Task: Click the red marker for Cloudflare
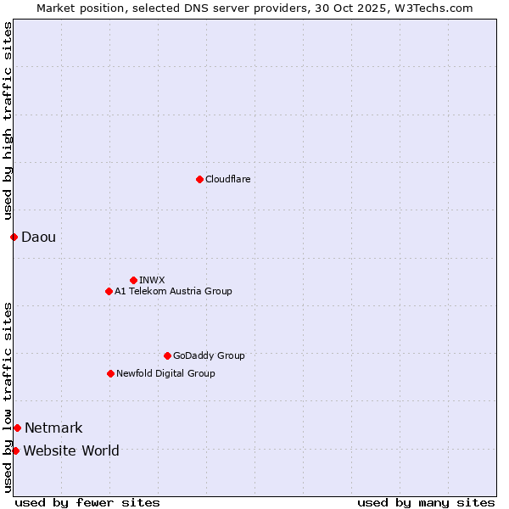pyautogui.click(x=199, y=179)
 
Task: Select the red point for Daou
pyautogui.click(x=14, y=237)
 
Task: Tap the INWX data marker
pyautogui.click(x=133, y=280)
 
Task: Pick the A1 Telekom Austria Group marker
pyautogui.click(x=109, y=291)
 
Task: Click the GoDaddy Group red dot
pyautogui.click(x=167, y=355)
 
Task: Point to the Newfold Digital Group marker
pyautogui.click(x=110, y=373)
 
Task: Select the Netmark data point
pyautogui.click(x=17, y=428)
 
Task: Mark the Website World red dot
pyautogui.click(x=15, y=450)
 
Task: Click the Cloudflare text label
pyautogui.click(x=227, y=179)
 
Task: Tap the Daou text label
pyautogui.click(x=38, y=237)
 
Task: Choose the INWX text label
pyautogui.click(x=152, y=280)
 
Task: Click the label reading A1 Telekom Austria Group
pyautogui.click(x=173, y=291)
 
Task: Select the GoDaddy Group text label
pyautogui.click(x=209, y=355)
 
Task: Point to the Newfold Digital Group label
pyautogui.click(x=165, y=373)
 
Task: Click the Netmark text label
pyautogui.click(x=53, y=428)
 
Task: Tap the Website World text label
pyautogui.click(x=71, y=450)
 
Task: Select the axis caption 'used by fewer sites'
pyautogui.click(x=87, y=502)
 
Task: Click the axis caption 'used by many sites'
pyautogui.click(x=426, y=502)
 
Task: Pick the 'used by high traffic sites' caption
pyautogui.click(x=8, y=120)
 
